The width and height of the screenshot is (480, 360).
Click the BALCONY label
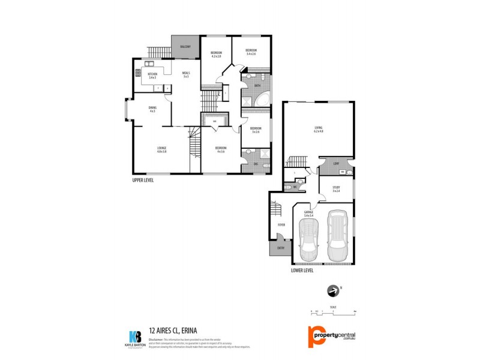click(x=185, y=47)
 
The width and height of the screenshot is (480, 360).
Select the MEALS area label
click(x=186, y=74)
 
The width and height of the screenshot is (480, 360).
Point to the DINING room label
click(x=152, y=109)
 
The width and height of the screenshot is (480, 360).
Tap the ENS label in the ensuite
click(x=256, y=164)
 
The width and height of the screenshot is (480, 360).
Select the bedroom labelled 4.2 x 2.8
click(x=216, y=55)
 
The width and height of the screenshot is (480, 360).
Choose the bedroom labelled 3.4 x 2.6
click(x=251, y=52)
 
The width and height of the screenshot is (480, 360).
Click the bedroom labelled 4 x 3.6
click(x=221, y=149)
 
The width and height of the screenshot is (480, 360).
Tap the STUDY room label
click(x=336, y=190)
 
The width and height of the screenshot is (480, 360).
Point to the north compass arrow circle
click(x=331, y=291)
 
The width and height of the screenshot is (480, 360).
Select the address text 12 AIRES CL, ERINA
click(x=173, y=330)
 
